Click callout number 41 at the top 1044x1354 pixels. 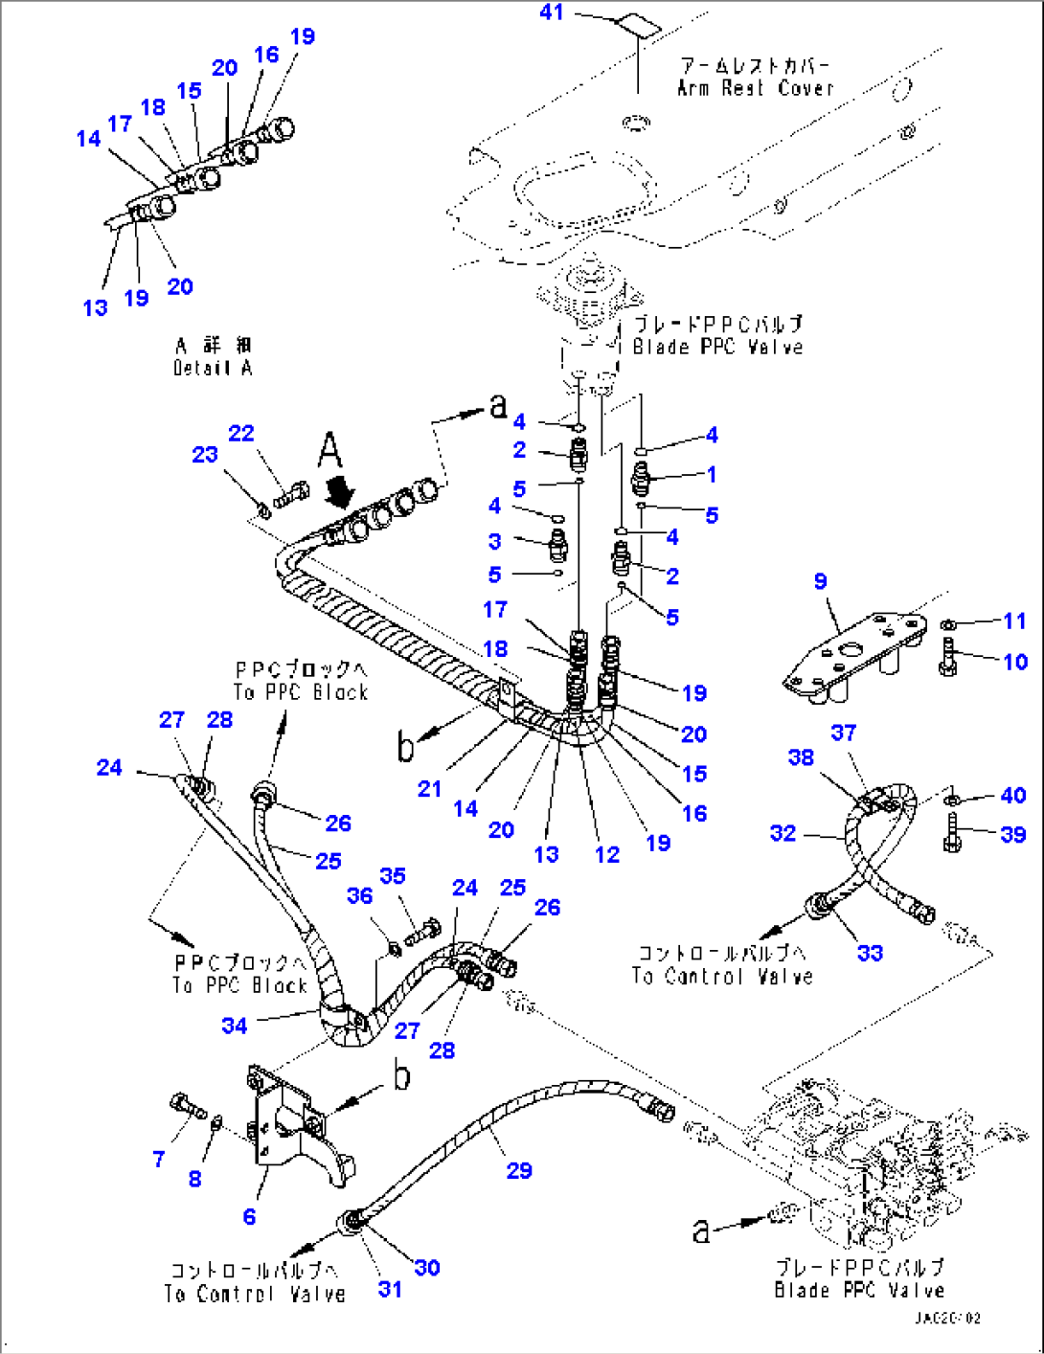click(552, 12)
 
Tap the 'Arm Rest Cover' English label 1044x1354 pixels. click(755, 88)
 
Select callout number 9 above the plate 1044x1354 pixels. click(821, 581)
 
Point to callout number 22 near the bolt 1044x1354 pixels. click(241, 433)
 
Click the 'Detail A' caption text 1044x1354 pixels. click(213, 368)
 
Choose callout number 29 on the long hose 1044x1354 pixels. click(519, 1170)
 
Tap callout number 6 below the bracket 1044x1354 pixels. click(249, 1216)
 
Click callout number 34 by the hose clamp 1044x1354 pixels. click(235, 1026)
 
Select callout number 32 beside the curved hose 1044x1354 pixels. click(783, 833)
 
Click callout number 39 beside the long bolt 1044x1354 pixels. click(1013, 834)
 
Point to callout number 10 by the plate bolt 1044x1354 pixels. click(1015, 662)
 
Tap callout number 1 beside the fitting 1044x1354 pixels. click(712, 474)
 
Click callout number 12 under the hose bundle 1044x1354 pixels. click(607, 854)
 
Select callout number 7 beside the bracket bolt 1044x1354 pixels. click(159, 1159)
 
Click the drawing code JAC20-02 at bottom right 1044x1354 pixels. click(946, 1319)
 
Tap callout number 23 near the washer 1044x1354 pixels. click(205, 455)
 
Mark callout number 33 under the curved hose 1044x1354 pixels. click(870, 953)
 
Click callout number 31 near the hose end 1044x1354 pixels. click(390, 1289)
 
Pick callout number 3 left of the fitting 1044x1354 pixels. click(494, 541)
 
